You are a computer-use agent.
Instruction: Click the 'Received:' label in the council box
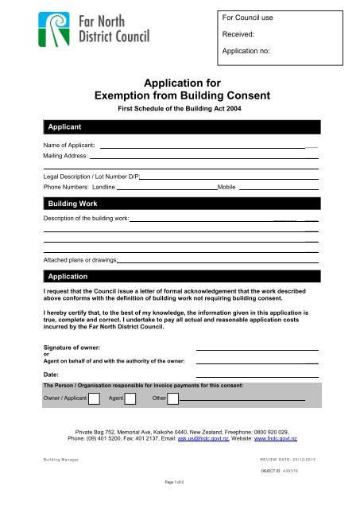[238, 35]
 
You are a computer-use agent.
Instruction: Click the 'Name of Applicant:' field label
[69, 146]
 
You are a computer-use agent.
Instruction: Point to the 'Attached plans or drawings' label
[80, 260]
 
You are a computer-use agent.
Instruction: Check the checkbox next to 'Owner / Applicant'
[94, 398]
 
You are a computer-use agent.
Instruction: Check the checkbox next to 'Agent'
[131, 398]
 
